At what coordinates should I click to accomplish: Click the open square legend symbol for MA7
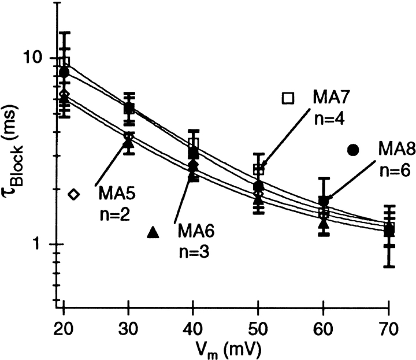point(288,98)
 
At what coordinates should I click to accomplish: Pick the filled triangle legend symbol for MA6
point(153,232)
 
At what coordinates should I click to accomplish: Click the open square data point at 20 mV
point(64,62)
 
